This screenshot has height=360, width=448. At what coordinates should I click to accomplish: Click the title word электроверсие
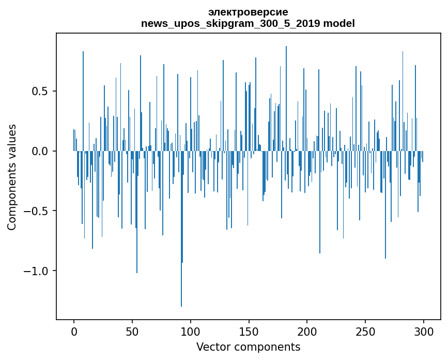pyautogui.click(x=248, y=12)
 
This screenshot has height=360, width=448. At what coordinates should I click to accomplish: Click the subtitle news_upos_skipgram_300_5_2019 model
pyautogui.click(x=248, y=23)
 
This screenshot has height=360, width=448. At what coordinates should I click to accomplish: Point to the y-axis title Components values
pyautogui.click(x=12, y=177)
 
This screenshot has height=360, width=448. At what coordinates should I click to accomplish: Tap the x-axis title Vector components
pyautogui.click(x=248, y=347)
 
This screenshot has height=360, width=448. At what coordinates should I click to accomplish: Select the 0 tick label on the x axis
pyautogui.click(x=74, y=331)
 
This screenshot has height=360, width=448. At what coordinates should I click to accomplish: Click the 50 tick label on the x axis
pyautogui.click(x=132, y=331)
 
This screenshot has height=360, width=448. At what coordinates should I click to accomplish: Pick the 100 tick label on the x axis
pyautogui.click(x=191, y=331)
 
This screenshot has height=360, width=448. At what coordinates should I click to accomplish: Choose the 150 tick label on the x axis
pyautogui.click(x=249, y=331)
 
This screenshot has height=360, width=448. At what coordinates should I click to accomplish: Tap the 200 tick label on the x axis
pyautogui.click(x=307, y=331)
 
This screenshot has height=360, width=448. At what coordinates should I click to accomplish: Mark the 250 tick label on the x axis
pyautogui.click(x=365, y=331)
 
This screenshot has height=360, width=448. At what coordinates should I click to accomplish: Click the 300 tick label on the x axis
pyautogui.click(x=424, y=331)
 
